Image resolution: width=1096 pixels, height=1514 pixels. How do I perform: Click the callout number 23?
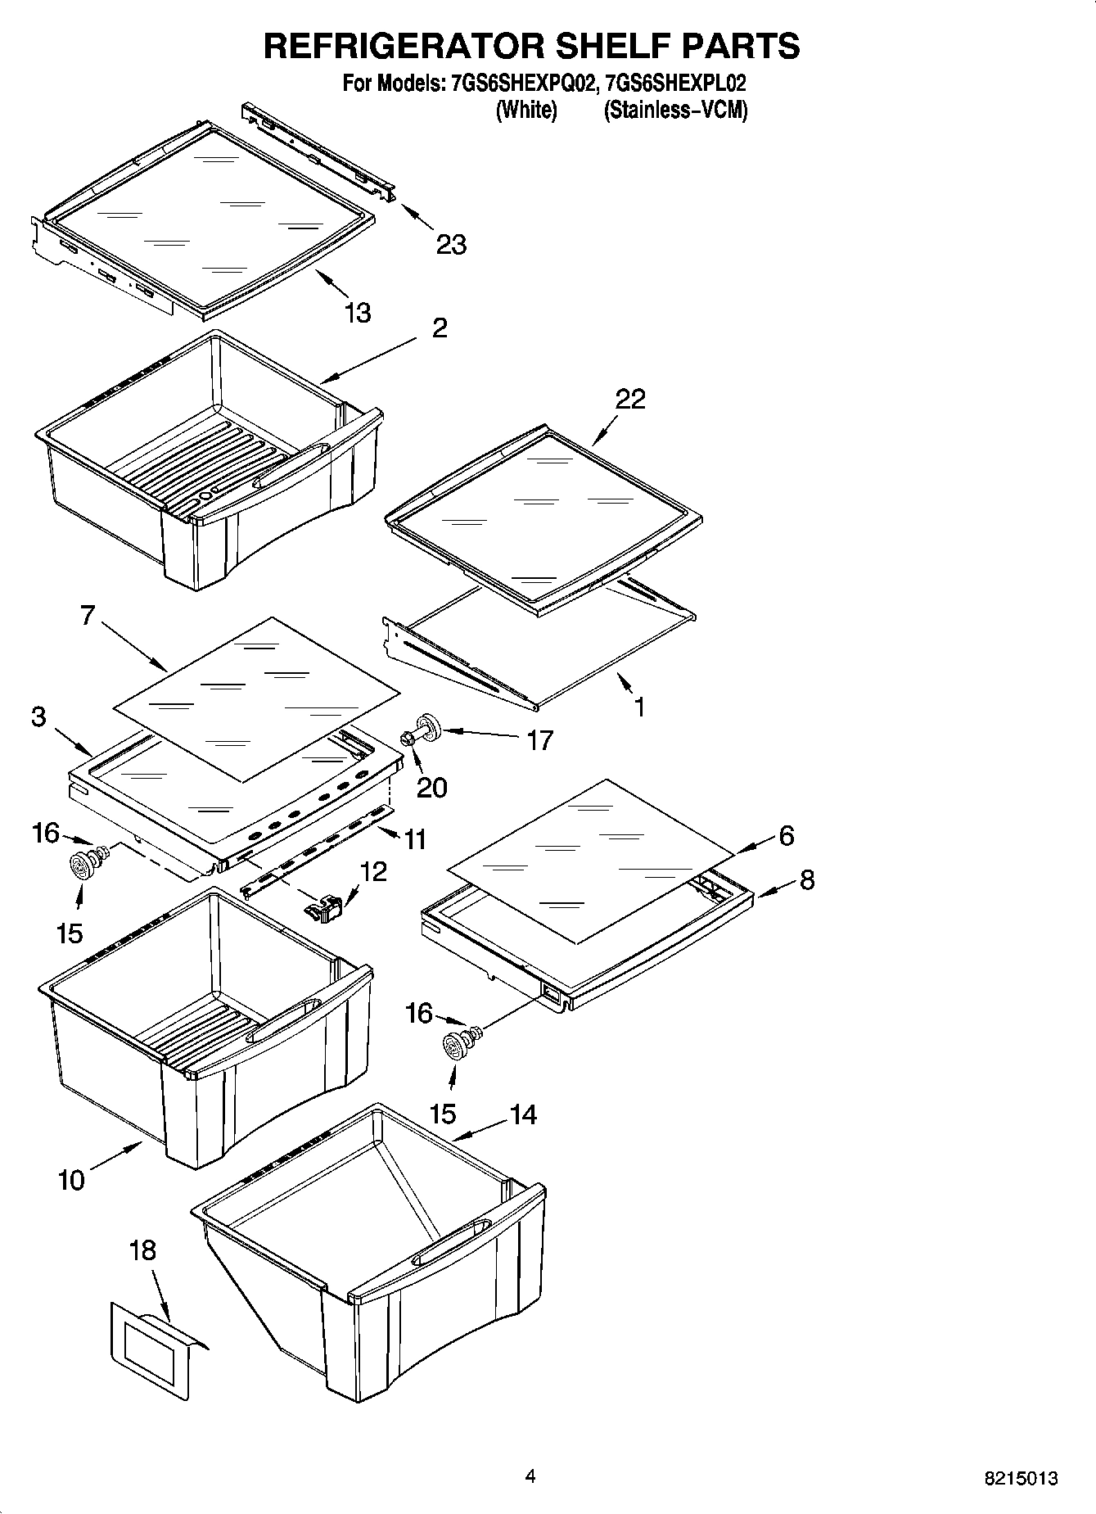[451, 244]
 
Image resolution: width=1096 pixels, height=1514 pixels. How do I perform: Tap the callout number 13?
[357, 312]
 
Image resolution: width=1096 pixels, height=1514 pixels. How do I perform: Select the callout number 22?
[630, 399]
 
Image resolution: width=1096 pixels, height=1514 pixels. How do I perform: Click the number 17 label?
[539, 740]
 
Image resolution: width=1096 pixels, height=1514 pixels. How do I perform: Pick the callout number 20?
[431, 787]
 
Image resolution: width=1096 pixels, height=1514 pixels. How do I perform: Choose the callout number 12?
[373, 871]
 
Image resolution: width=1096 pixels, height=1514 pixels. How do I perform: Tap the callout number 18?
[142, 1250]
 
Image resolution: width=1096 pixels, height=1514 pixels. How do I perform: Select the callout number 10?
[72, 1180]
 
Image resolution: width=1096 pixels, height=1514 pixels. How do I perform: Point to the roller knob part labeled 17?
[429, 726]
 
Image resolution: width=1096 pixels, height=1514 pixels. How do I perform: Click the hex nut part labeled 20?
[407, 739]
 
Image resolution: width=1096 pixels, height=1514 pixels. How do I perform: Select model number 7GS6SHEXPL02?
[676, 84]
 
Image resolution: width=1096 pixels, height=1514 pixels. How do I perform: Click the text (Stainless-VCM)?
[675, 110]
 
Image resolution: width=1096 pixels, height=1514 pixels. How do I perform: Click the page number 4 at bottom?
[530, 1476]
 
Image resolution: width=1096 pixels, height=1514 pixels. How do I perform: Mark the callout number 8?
[806, 880]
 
